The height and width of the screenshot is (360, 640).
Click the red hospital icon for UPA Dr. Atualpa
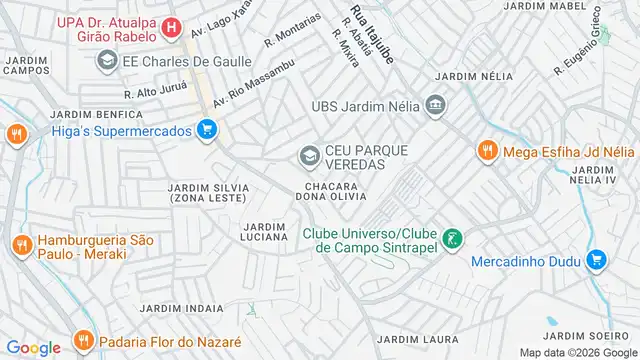172,27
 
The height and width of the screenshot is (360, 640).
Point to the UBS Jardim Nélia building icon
435,105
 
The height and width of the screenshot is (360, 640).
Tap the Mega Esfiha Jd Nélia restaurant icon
486,151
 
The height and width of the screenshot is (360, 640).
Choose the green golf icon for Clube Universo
452,238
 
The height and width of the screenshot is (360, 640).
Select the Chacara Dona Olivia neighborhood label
337,190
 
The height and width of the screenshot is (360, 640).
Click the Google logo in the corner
33,347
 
